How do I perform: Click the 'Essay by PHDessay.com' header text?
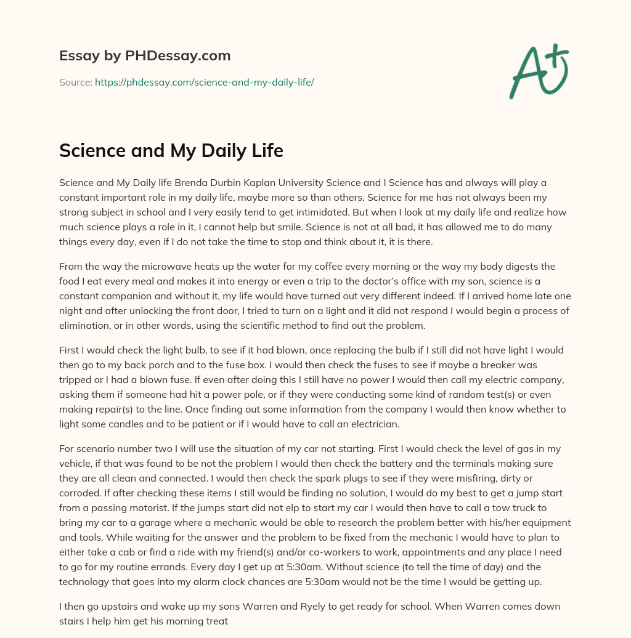point(145,56)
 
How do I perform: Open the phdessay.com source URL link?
point(204,82)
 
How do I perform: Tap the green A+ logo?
point(539,71)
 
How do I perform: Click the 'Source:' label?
point(75,82)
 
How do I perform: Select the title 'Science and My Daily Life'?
point(171,151)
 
